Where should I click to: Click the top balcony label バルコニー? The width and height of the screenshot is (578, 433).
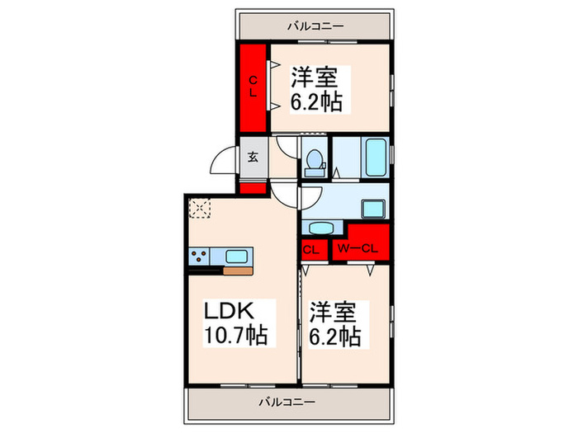click(x=315, y=26)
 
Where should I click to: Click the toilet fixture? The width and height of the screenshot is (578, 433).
click(x=314, y=162)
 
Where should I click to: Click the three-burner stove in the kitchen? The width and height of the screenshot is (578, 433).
click(x=201, y=255)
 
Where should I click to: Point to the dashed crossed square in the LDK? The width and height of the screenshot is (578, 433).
click(x=200, y=209)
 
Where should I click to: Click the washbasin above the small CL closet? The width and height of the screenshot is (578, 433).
click(x=320, y=228)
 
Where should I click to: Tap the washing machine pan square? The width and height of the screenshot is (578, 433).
click(x=375, y=209)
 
